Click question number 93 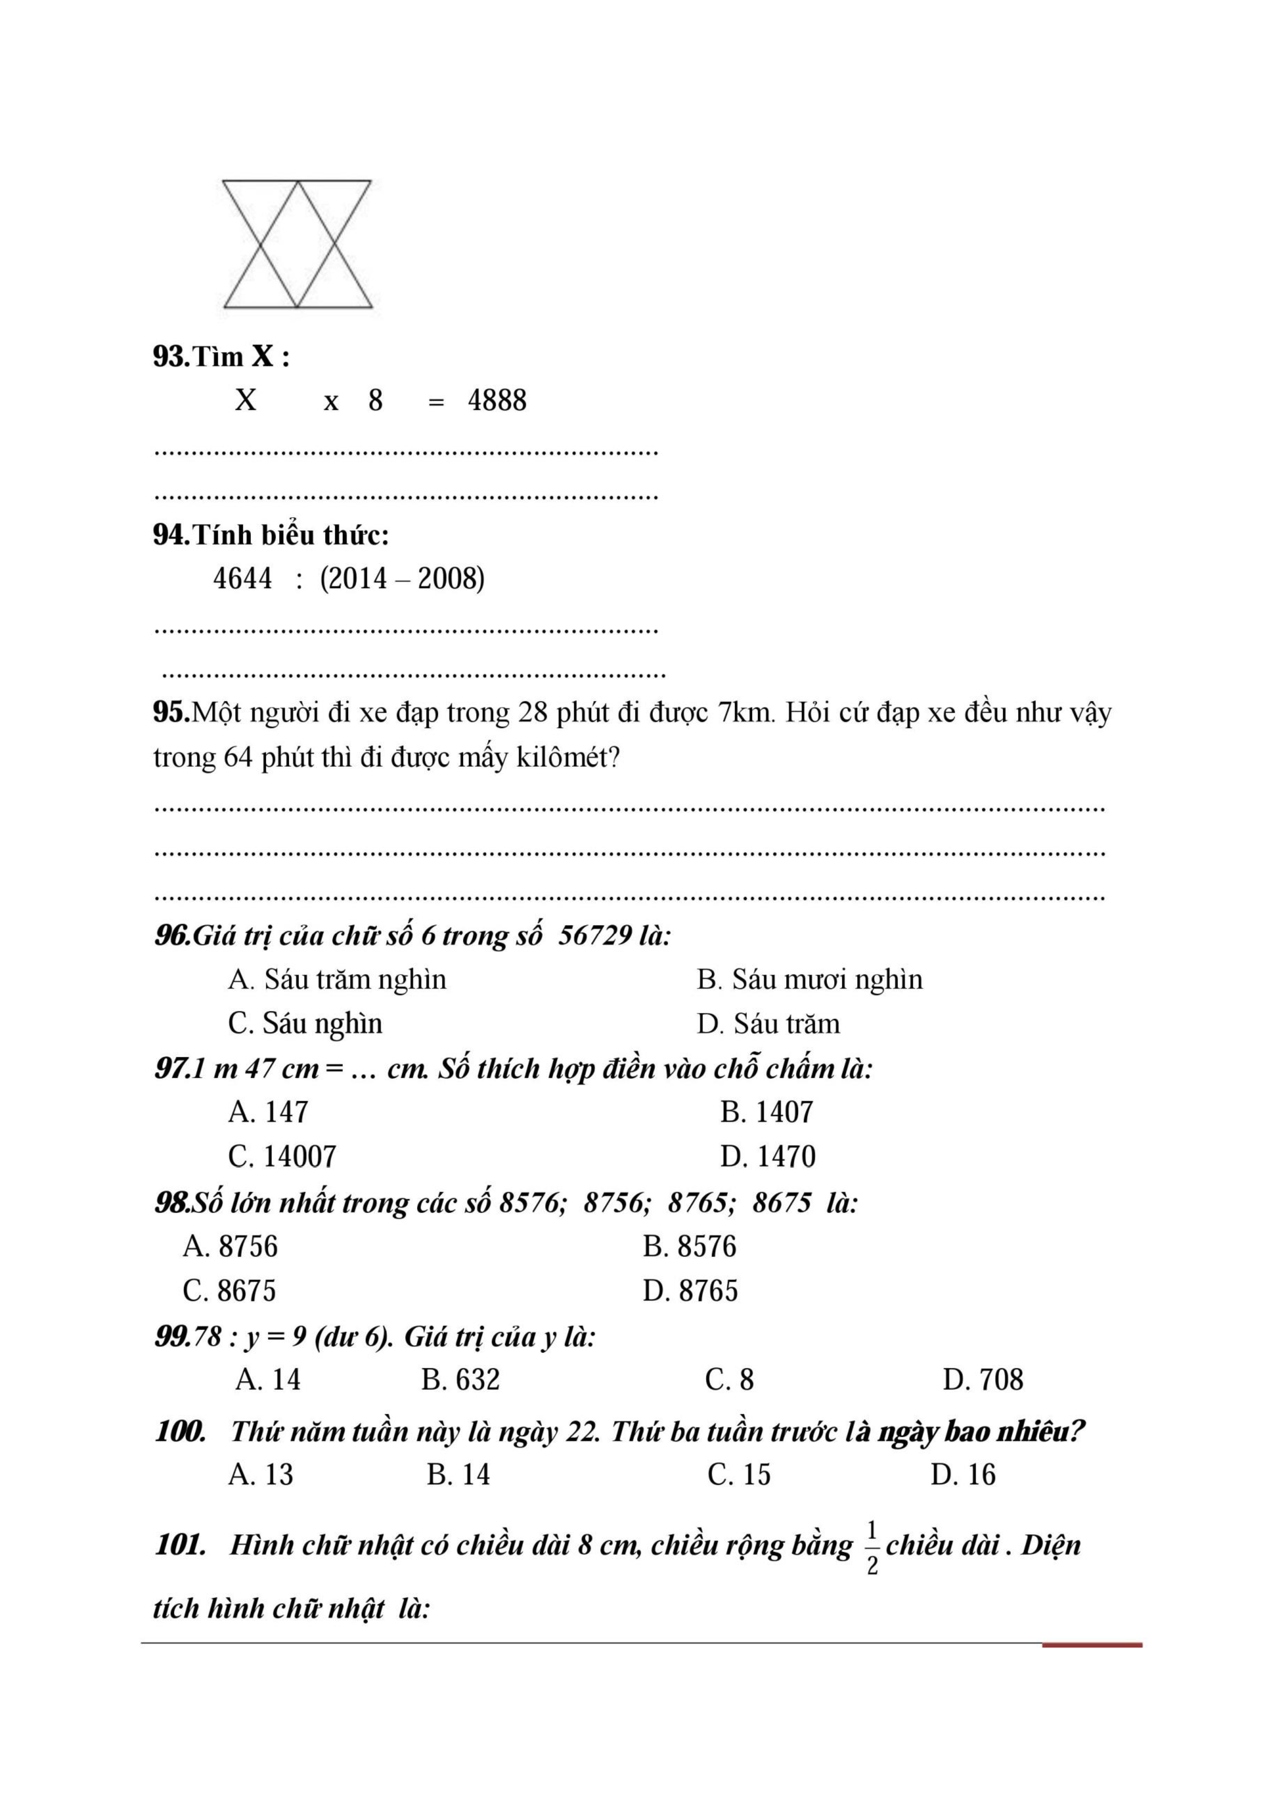[x=170, y=357]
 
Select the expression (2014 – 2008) [x=402, y=578]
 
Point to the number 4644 [x=243, y=578]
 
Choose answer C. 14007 [x=283, y=1156]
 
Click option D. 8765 [x=690, y=1291]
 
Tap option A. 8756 [x=230, y=1246]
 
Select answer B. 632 [x=460, y=1380]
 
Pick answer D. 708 [x=982, y=1380]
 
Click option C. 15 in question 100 [x=738, y=1475]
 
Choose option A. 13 [x=261, y=1475]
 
